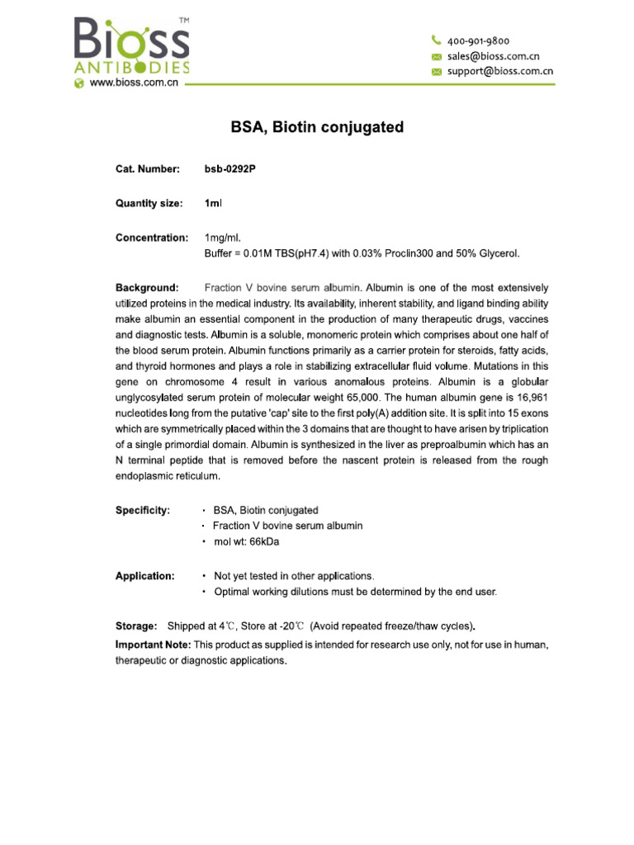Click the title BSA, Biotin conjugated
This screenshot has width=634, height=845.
316,127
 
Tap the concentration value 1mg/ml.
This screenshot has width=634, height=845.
223,238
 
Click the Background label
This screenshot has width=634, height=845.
146,288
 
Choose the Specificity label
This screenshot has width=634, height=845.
143,510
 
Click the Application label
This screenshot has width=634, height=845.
144,576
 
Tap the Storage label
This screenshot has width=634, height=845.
136,625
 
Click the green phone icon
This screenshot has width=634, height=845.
437,40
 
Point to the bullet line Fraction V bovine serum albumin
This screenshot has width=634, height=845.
287,526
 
